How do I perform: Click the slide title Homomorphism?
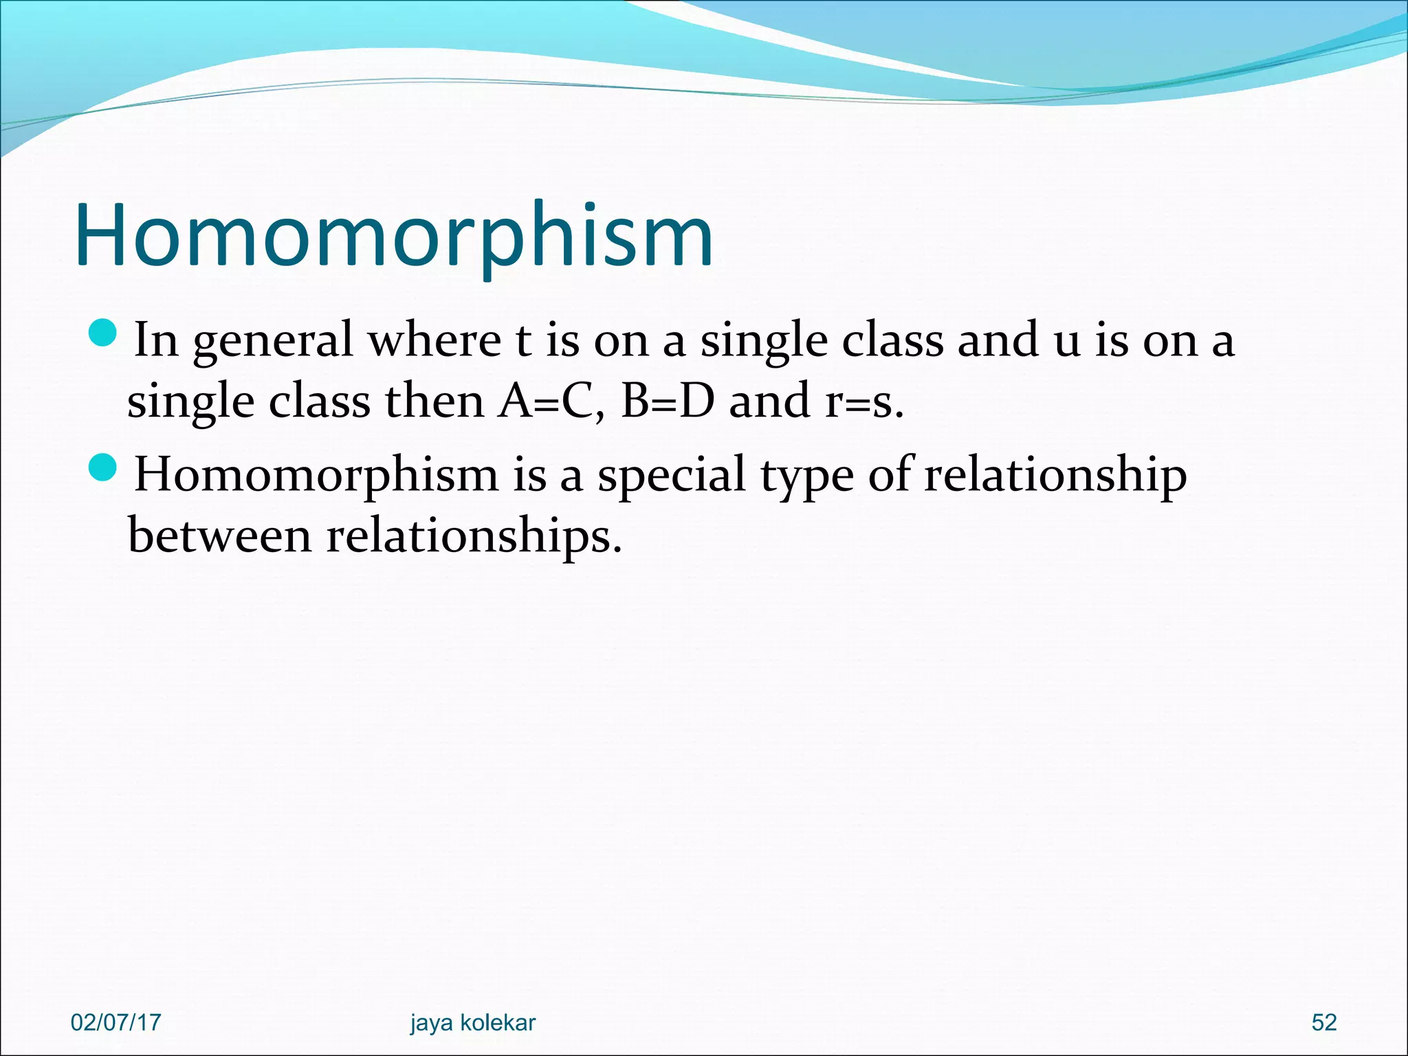pyautogui.click(x=394, y=235)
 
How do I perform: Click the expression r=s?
pyautogui.click(x=863, y=401)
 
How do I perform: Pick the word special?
pyautogui.click(x=671, y=476)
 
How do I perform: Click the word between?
pyautogui.click(x=219, y=536)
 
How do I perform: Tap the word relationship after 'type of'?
pyautogui.click(x=1055, y=476)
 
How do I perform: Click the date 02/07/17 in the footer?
pyautogui.click(x=115, y=1022)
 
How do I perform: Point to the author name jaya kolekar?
pyautogui.click(x=472, y=1022)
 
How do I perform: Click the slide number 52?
pyautogui.click(x=1323, y=1022)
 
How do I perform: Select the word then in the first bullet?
pyautogui.click(x=434, y=401)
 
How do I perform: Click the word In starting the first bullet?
pyautogui.click(x=156, y=340)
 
